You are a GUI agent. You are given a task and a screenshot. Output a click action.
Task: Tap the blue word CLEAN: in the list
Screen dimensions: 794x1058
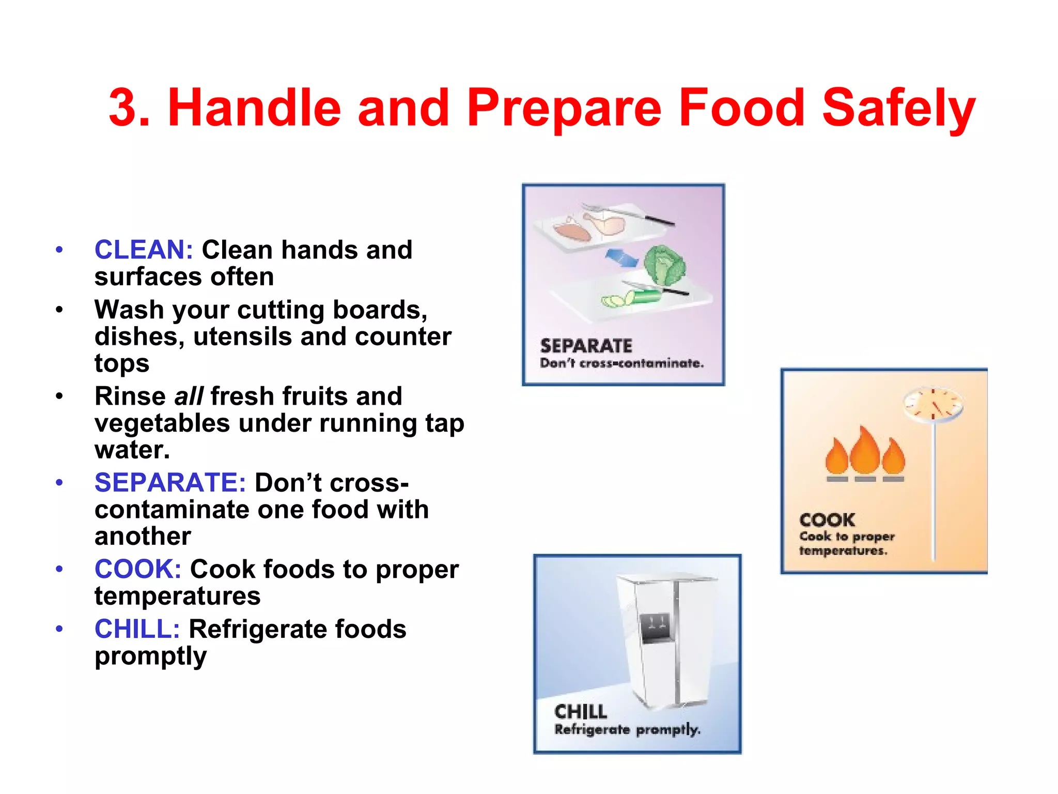(x=144, y=250)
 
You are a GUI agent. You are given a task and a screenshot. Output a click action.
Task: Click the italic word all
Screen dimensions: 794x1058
(x=189, y=396)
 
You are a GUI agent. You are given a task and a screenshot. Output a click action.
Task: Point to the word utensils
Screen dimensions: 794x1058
(x=242, y=337)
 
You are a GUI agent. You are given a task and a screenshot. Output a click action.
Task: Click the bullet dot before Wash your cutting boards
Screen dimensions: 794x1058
(x=59, y=310)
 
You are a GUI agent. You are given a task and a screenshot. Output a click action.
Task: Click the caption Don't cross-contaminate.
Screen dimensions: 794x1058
(x=621, y=363)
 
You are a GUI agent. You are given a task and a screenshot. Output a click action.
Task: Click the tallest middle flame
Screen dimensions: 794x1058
(x=865, y=451)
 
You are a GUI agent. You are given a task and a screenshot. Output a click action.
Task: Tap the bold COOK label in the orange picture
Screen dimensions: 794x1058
(x=827, y=520)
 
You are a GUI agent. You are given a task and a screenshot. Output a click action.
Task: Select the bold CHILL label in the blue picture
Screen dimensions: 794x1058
(x=581, y=712)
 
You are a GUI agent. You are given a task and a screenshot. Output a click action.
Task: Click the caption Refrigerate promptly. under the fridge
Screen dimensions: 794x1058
(x=627, y=729)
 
